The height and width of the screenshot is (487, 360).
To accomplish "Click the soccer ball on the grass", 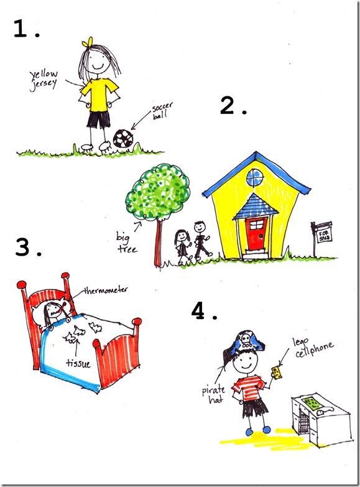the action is [123, 139].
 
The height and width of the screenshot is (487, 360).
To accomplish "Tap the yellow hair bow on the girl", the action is [87, 42].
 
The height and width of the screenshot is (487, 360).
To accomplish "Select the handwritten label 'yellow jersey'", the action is [44, 80].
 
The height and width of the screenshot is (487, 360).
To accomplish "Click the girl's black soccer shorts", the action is [98, 119].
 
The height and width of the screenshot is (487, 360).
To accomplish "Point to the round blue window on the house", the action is [255, 178].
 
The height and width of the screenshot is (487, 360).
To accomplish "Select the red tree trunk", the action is [159, 243].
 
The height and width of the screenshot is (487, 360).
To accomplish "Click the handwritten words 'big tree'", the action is [126, 243].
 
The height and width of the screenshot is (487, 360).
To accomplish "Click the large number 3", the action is [23, 247].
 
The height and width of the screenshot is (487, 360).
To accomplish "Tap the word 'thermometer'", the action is [106, 290].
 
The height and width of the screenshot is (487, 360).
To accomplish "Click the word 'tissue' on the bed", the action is [78, 363].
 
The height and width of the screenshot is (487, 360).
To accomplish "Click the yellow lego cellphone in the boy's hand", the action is [277, 373].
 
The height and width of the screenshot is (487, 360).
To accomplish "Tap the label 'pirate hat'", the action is [213, 394].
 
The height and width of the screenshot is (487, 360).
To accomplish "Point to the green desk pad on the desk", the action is [313, 402].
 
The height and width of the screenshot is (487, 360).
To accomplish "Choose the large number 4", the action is [199, 311].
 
